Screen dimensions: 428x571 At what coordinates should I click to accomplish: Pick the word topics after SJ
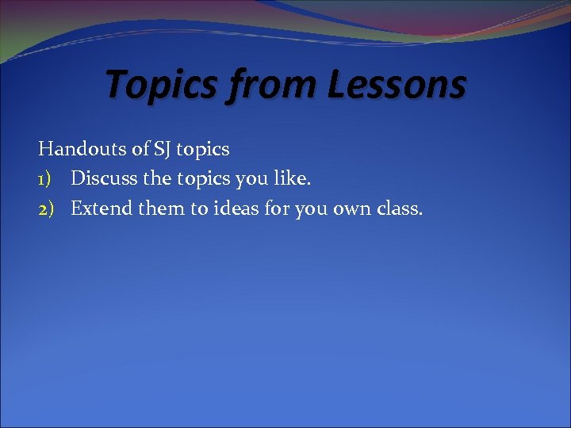203,149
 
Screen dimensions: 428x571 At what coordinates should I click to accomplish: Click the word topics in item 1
207,180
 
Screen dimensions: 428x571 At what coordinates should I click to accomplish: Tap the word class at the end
399,209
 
